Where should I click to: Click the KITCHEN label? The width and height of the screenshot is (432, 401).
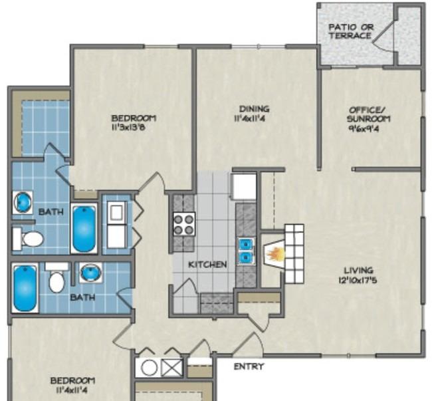207,265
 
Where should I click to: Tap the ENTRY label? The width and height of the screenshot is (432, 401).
249,366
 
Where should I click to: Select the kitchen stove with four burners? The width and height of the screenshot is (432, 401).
184,222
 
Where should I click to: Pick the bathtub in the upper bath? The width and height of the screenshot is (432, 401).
84,229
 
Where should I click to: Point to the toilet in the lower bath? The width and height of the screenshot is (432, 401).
57,279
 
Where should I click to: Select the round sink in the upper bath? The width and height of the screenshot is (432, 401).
23,201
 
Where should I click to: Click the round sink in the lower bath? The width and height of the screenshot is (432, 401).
90,272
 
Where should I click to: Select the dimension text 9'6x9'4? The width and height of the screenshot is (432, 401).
370,128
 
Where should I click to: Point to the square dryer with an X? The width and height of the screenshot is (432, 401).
171,368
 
